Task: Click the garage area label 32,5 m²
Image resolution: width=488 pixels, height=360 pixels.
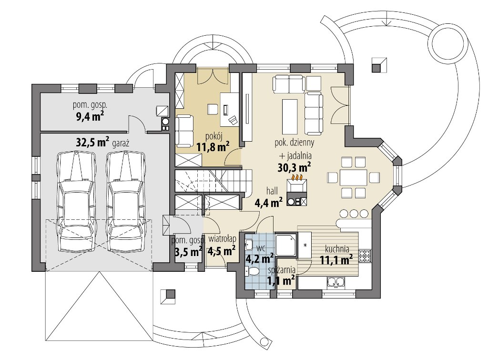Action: click(92, 142)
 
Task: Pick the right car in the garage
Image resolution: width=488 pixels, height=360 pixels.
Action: click(126, 201)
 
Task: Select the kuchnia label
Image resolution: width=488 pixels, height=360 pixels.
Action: click(337, 249)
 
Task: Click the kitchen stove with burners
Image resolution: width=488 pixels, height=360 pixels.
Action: click(365, 256)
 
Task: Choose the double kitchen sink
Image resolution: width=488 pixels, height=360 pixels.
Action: click(336, 282)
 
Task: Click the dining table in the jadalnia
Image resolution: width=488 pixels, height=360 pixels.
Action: click(353, 177)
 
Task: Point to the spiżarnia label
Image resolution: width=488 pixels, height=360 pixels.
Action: click(282, 270)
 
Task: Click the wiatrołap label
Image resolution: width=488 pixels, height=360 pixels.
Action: click(222, 239)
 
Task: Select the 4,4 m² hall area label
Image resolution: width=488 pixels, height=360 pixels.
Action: click(269, 203)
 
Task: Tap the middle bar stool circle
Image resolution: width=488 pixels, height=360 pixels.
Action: click(354, 213)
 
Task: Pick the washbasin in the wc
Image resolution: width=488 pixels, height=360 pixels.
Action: click(248, 245)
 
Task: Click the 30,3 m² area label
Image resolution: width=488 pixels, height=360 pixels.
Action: click(294, 167)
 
